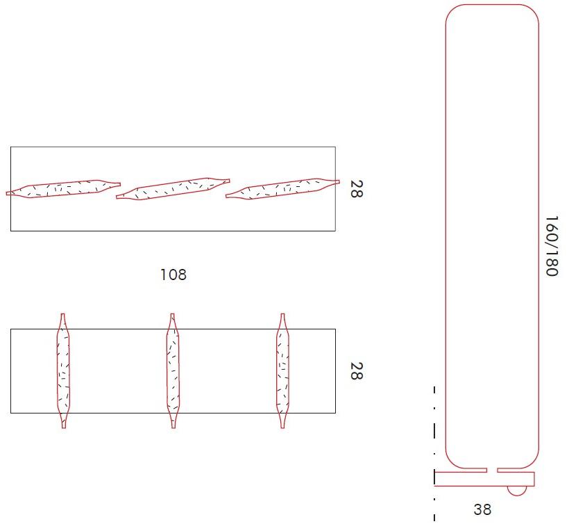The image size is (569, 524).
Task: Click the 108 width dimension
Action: click(x=173, y=275)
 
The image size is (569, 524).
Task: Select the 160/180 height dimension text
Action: click(x=552, y=246)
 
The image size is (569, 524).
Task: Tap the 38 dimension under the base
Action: click(x=482, y=509)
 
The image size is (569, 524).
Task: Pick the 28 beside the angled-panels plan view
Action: click(x=355, y=189)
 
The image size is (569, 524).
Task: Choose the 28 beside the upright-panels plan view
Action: click(x=355, y=370)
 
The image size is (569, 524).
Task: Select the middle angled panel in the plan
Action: click(x=173, y=188)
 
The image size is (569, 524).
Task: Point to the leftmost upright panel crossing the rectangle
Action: click(x=63, y=370)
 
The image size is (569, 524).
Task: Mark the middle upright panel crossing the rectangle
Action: click(x=173, y=370)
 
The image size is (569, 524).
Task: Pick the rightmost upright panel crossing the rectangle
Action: click(x=283, y=370)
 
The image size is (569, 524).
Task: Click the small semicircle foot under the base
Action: click(x=516, y=491)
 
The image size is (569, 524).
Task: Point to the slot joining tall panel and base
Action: click(x=491, y=469)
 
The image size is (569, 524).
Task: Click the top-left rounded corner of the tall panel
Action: click(x=455, y=14)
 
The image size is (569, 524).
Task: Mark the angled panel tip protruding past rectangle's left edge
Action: click(x=8, y=193)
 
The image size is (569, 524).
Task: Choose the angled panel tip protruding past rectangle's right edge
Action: click(x=337, y=182)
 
